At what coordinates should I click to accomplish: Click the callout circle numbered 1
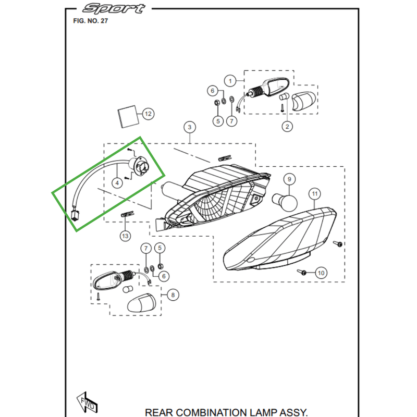[229, 80]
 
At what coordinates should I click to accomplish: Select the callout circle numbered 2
[287, 126]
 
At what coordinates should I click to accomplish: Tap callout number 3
[189, 127]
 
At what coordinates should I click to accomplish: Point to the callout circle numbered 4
[118, 182]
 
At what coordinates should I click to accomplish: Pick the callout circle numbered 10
[321, 273]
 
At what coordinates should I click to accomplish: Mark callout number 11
[314, 194]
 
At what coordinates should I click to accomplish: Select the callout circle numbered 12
[148, 113]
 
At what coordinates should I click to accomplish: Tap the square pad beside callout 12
[127, 117]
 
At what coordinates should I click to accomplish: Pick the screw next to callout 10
[303, 272]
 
